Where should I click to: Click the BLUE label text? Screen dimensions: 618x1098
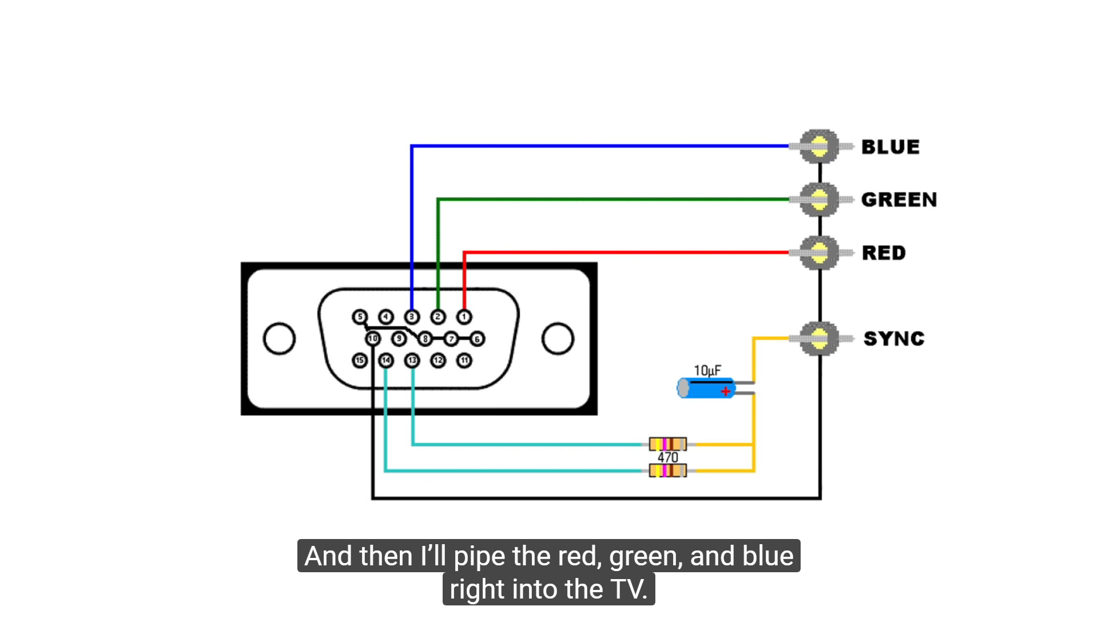tap(890, 147)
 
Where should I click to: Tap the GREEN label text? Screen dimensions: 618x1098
tap(898, 200)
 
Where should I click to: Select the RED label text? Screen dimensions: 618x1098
tap(884, 253)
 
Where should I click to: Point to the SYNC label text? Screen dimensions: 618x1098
tap(894, 339)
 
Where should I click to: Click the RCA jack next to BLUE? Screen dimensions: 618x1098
tap(819, 146)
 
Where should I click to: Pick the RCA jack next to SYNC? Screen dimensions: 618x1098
tap(819, 339)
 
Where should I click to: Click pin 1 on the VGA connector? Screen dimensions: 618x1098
tap(464, 316)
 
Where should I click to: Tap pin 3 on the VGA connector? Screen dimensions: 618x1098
tap(412, 316)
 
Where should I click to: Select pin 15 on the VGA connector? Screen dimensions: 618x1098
tap(360, 360)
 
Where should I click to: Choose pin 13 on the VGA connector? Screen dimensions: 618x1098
tap(412, 360)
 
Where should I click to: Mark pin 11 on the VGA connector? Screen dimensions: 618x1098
tap(464, 360)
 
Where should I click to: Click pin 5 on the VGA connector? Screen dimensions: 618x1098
tap(360, 316)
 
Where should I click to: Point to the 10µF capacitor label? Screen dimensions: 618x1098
tap(707, 370)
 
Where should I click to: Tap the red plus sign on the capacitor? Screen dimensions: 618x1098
tap(725, 391)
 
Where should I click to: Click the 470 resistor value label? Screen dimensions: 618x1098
tap(667, 457)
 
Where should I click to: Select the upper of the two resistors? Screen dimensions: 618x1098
tap(667, 444)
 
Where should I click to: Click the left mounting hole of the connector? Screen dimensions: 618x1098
tap(279, 339)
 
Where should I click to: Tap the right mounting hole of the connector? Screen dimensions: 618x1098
tap(558, 339)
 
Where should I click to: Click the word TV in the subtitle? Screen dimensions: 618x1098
tap(627, 589)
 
